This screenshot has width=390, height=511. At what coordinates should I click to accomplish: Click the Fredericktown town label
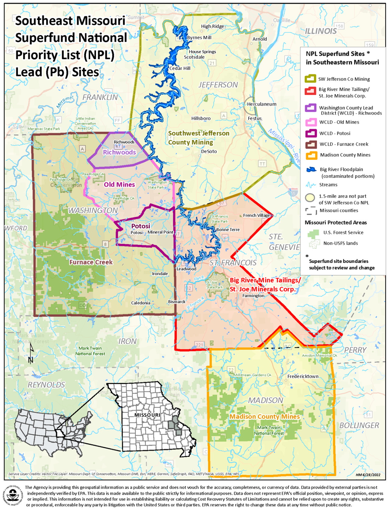303,376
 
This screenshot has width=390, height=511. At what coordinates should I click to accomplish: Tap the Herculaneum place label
261,104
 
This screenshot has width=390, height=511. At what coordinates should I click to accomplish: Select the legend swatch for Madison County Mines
311,155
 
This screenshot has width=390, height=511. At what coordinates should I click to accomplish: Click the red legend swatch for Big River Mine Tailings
310,91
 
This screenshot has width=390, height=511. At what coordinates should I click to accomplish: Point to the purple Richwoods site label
119,152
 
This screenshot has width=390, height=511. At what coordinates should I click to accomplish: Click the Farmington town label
253,296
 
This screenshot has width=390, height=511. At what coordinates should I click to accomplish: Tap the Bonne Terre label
228,230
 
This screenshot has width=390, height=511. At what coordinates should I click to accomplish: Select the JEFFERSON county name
218,85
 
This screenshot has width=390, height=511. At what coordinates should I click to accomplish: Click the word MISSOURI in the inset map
147,415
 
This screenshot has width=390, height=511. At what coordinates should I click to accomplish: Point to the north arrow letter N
30,360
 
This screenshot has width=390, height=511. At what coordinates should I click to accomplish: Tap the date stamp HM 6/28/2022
368,475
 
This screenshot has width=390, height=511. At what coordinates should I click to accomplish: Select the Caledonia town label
140,303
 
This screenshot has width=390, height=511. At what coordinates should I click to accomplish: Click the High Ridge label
212,27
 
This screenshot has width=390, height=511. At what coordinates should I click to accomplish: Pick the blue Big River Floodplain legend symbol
311,170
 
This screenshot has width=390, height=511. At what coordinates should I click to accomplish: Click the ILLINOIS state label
321,31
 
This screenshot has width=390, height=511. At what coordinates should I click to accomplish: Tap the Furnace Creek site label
91,262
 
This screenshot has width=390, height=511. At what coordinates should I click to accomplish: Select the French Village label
257,215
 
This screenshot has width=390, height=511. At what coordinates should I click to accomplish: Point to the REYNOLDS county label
46,385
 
